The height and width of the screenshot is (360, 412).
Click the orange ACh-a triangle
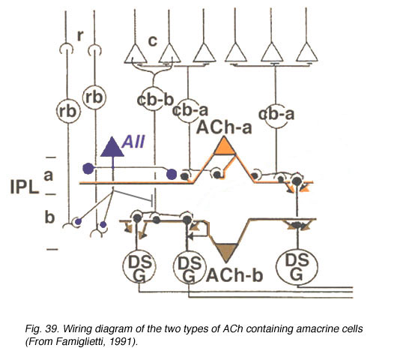[224, 146]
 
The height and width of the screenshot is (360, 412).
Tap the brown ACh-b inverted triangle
[226, 252]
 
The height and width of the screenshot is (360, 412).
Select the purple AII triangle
[112, 147]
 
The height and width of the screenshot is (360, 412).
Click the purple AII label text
[133, 142]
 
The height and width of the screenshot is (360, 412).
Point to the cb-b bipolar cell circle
[153, 99]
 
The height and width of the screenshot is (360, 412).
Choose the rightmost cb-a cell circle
[276, 115]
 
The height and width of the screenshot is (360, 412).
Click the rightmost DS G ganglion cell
[297, 267]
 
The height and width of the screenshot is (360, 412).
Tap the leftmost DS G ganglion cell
[139, 266]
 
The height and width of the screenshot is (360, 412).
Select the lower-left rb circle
[68, 111]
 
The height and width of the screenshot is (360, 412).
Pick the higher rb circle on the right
[94, 97]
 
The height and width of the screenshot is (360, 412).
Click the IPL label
[25, 187]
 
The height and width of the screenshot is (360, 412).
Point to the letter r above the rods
[80, 35]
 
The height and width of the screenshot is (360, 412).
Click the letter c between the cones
[152, 40]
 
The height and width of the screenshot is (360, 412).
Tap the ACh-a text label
[224, 127]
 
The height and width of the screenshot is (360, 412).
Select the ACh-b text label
[234, 275]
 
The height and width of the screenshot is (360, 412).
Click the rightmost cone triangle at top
[306, 52]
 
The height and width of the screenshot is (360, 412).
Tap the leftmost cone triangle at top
[135, 54]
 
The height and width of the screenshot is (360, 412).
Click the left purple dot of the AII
[88, 169]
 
